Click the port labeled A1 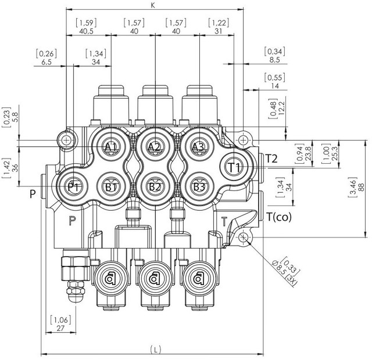click(x=111, y=147)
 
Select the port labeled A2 click(x=155, y=147)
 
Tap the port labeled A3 click(x=198, y=147)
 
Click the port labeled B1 click(x=111, y=187)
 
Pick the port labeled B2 click(x=155, y=187)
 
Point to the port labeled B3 click(x=198, y=187)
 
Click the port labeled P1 click(x=74, y=187)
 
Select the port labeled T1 click(x=234, y=167)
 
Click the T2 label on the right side click(x=271, y=159)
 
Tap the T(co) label click(x=279, y=217)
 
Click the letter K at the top click(x=153, y=5)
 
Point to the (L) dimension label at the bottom click(x=156, y=350)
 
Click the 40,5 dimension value click(x=87, y=31)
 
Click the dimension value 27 click(x=60, y=328)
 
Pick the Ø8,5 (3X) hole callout click(x=285, y=273)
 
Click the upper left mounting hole click(x=66, y=141)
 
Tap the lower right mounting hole click(x=243, y=237)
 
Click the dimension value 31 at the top click(x=219, y=31)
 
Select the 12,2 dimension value click(x=281, y=108)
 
